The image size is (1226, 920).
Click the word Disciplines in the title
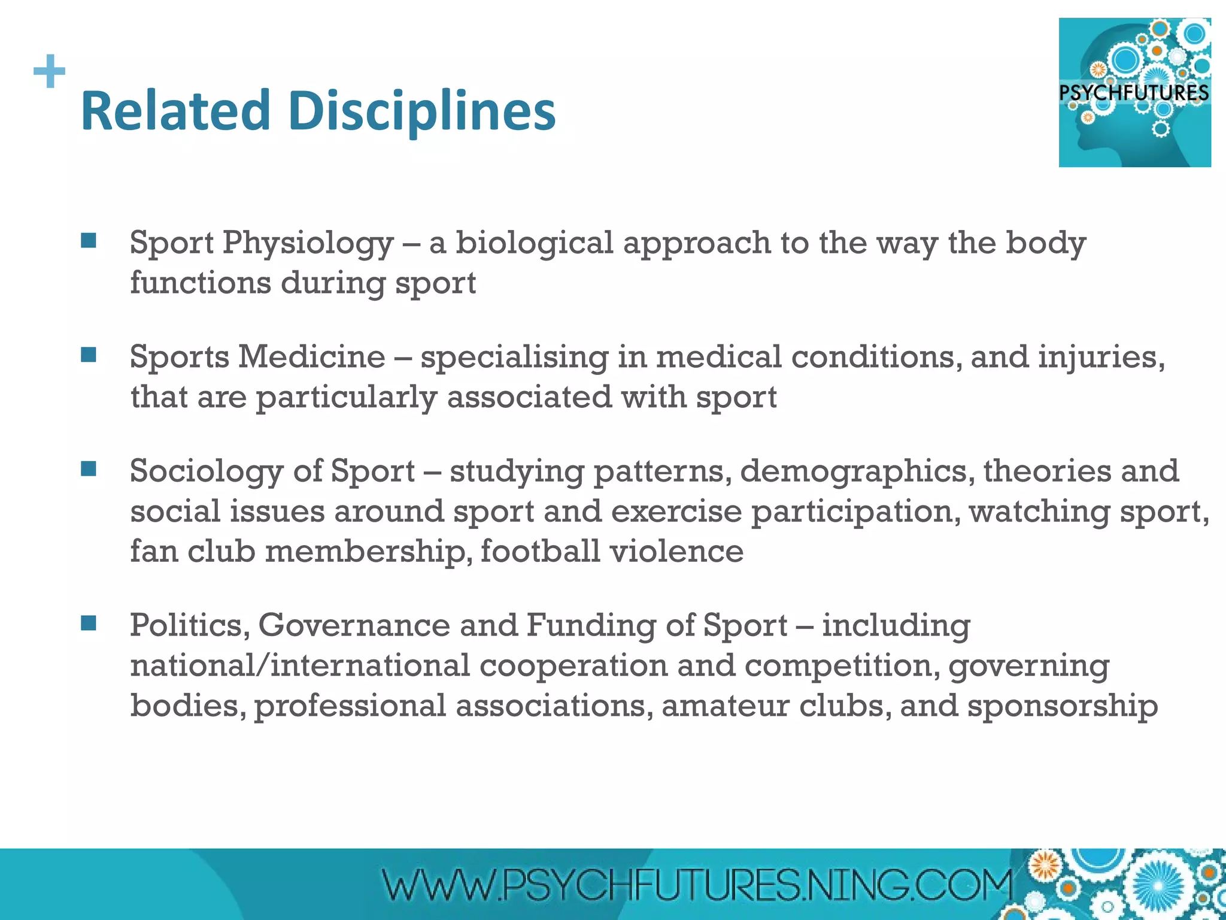coord(422,111)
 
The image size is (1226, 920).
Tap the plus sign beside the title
coord(50,71)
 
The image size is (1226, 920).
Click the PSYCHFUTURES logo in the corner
coord(1134,92)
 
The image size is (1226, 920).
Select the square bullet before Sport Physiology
coord(89,241)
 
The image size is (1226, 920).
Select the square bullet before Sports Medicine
coord(89,355)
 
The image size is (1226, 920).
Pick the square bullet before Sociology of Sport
coord(89,469)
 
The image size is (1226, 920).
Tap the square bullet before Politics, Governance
coord(89,624)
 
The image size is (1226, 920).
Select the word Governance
coord(354,625)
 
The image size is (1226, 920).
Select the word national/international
coord(300,665)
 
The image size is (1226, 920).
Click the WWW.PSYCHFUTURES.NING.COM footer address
coord(697,885)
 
